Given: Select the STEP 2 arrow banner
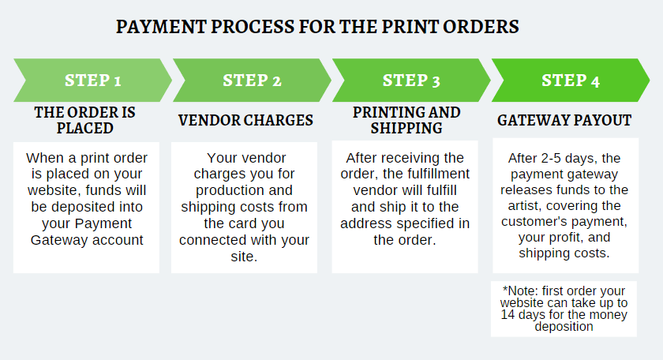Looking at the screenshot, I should (252, 80).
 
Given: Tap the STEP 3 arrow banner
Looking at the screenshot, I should (411, 80).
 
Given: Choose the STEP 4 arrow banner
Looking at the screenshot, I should (571, 80).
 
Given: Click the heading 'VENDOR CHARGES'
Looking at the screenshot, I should (245, 121).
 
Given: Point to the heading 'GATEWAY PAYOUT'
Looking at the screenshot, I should (564, 121).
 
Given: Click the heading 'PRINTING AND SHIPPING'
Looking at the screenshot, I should (406, 120).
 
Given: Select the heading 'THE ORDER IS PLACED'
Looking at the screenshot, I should (85, 120).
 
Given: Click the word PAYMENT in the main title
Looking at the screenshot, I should (157, 26).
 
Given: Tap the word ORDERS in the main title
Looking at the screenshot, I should (484, 26).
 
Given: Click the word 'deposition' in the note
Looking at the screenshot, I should (564, 326).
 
